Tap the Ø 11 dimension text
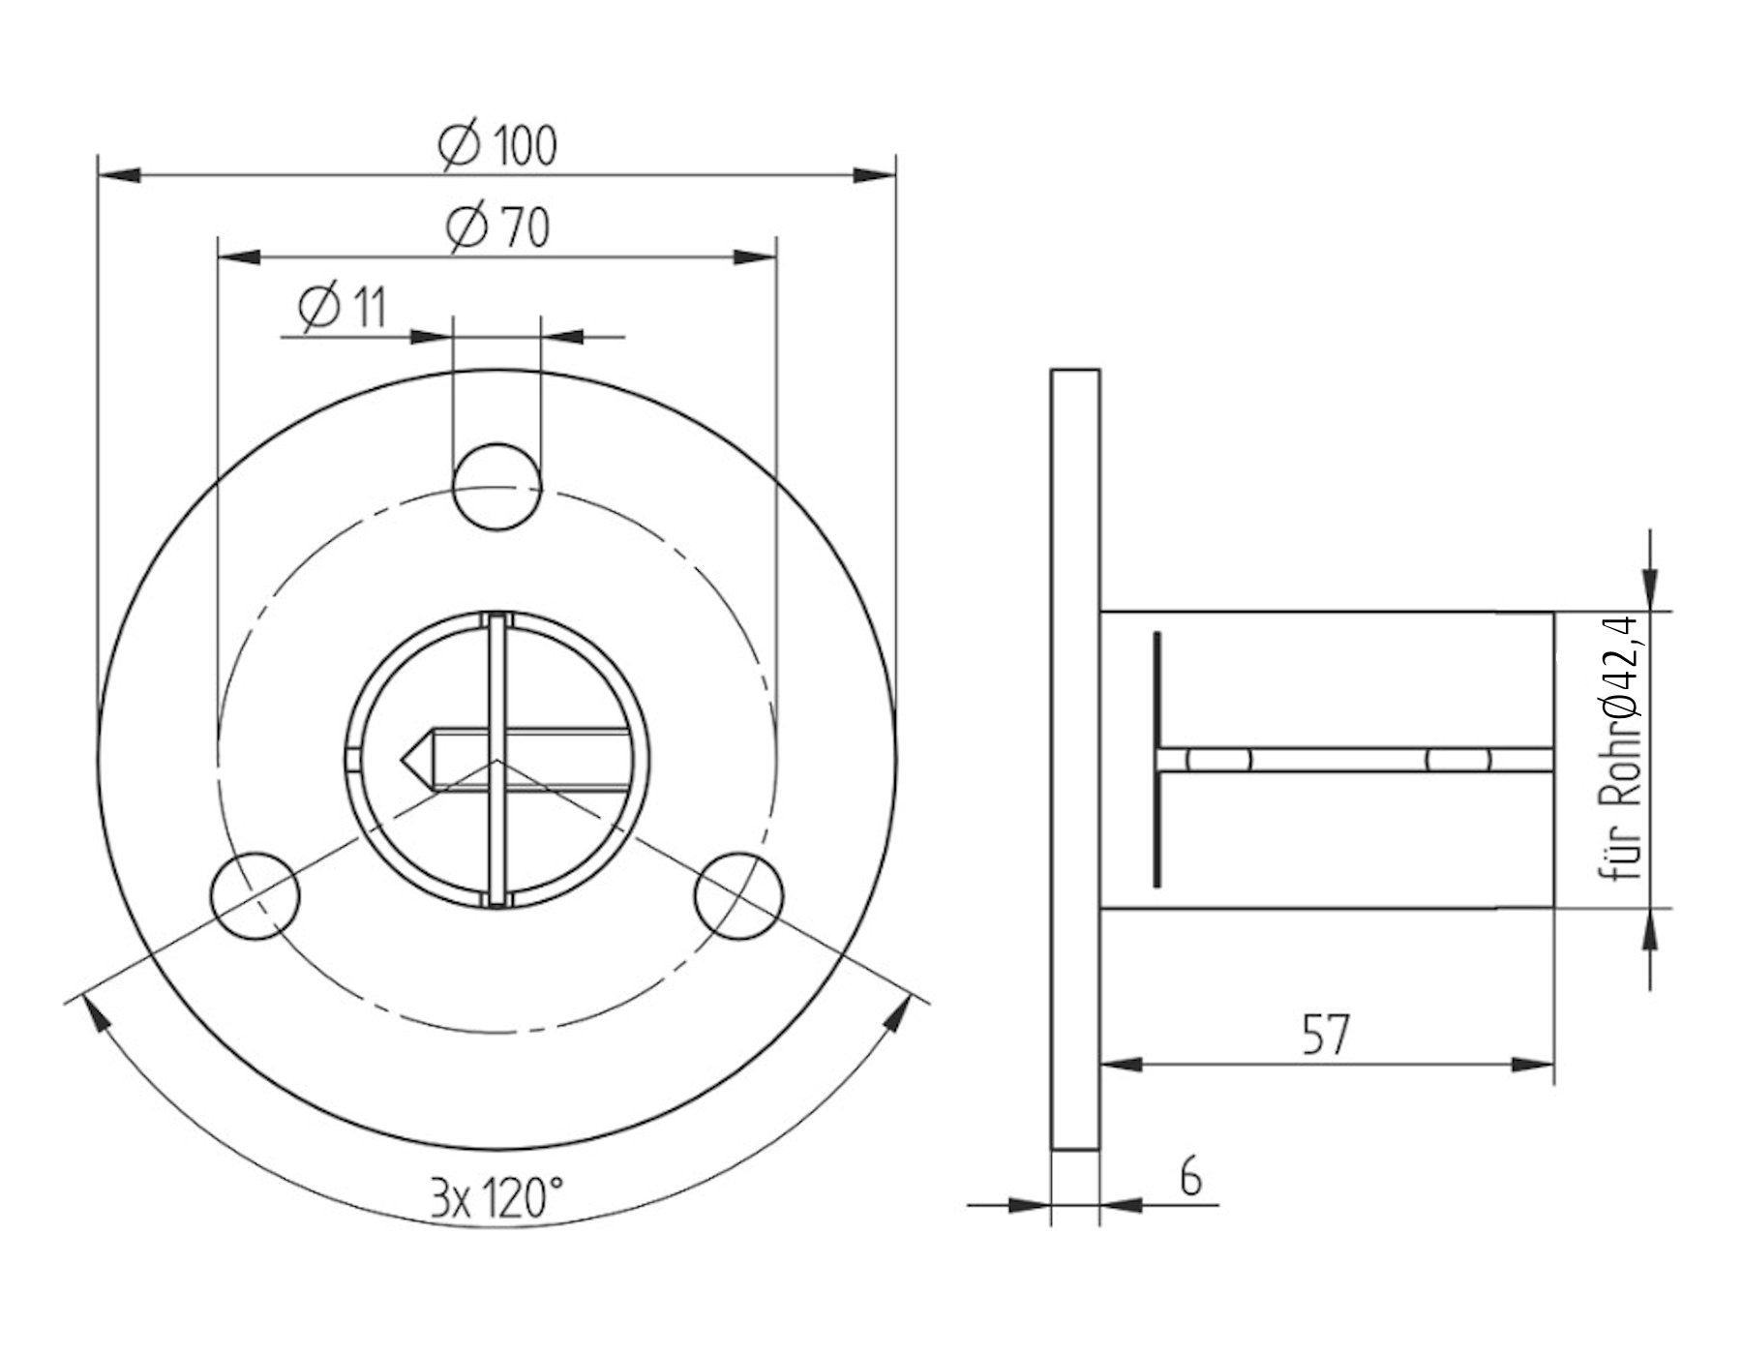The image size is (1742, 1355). [x=343, y=309]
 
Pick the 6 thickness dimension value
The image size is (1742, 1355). [x=1191, y=1179]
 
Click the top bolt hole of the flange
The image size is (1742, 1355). [x=497, y=487]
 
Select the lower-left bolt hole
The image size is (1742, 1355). [x=255, y=896]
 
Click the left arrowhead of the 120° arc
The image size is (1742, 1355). [x=94, y=1016]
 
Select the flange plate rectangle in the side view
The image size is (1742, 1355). [x=1075, y=760]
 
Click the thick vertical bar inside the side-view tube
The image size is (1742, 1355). [x=1157, y=760]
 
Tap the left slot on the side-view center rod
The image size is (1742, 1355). [x=1219, y=761]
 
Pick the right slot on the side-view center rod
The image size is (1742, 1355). [x=1458, y=761]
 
